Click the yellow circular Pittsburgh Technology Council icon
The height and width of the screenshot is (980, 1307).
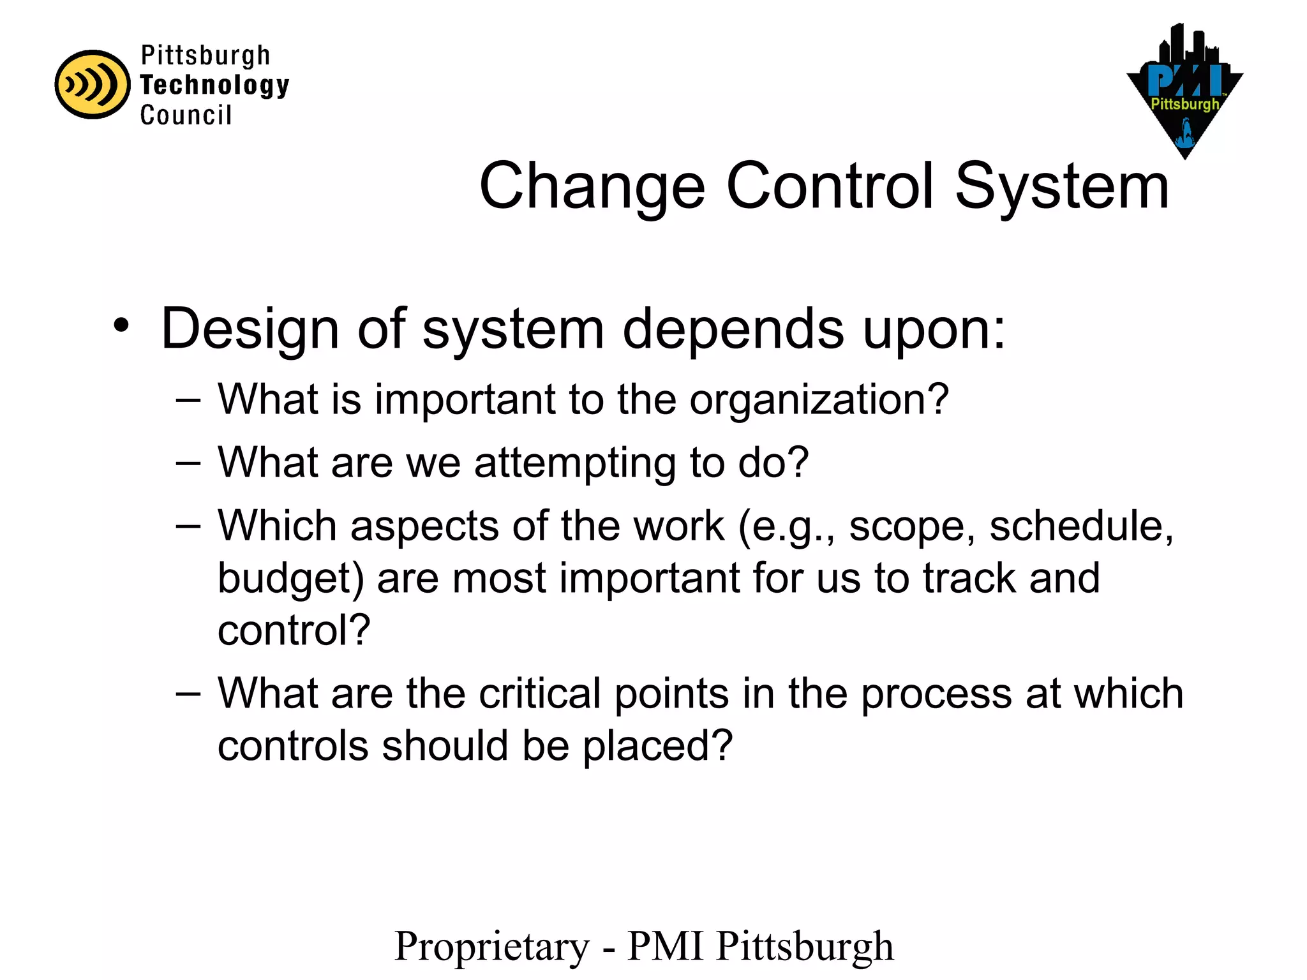pyautogui.click(x=93, y=84)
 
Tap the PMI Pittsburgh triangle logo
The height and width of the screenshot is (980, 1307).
pyautogui.click(x=1184, y=96)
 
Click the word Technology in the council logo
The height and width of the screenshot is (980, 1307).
pyautogui.click(x=214, y=85)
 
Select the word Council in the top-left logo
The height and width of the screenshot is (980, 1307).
pyautogui.click(x=186, y=115)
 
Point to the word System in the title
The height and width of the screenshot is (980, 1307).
pyautogui.click(x=1062, y=186)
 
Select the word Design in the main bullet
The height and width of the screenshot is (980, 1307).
pyautogui.click(x=250, y=329)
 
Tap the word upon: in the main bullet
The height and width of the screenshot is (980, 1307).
pyautogui.click(x=934, y=329)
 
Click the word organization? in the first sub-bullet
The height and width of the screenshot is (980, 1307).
pyautogui.click(x=819, y=400)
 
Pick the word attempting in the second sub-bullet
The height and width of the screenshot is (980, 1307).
pyautogui.click(x=574, y=463)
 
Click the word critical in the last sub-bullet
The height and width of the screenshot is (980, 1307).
pyautogui.click(x=540, y=694)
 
